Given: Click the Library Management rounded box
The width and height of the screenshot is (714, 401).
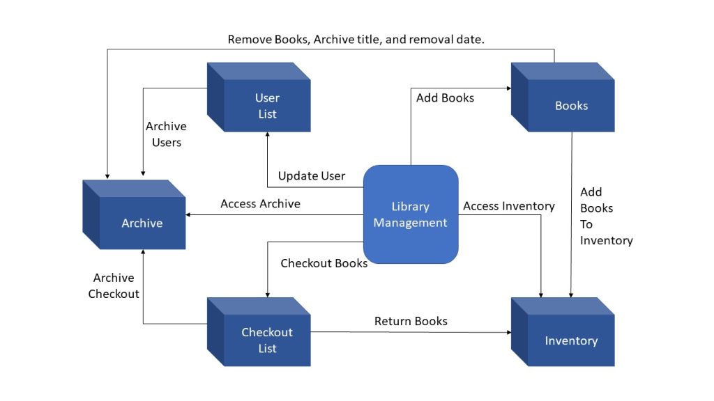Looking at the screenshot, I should click(x=410, y=214).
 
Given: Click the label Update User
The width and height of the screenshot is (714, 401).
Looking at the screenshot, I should click(x=311, y=175).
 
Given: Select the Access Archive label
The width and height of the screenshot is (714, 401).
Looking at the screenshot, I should click(x=260, y=203).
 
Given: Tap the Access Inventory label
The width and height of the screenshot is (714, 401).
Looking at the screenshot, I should click(x=508, y=206).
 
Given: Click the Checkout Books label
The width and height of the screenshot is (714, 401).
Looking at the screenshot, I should click(x=324, y=263).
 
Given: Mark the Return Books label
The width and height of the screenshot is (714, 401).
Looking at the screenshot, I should click(x=411, y=321).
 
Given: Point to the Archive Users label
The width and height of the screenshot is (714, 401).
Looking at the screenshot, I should click(x=166, y=134).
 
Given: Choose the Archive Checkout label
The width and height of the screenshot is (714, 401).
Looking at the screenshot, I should click(x=114, y=285).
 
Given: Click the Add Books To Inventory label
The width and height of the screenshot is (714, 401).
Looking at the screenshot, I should click(x=606, y=216).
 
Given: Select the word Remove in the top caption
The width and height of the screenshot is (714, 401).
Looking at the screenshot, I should click(x=250, y=40).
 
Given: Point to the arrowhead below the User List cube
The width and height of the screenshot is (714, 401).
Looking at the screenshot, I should click(x=267, y=136).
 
